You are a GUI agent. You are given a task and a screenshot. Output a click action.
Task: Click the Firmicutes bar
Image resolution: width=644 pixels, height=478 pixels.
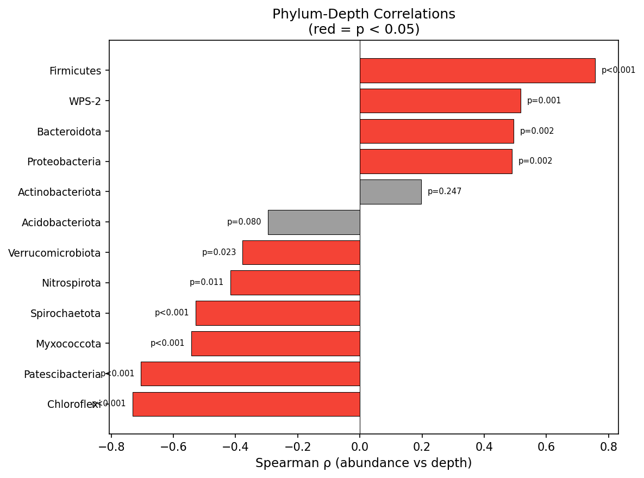click(x=477, y=71)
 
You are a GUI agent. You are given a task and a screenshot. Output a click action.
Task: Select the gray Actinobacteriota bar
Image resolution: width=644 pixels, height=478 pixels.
click(x=390, y=192)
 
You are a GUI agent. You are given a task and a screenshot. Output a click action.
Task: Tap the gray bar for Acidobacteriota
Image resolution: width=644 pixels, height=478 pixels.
click(x=314, y=222)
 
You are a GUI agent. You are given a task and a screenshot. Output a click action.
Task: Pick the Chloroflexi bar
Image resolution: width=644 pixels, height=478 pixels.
click(x=246, y=404)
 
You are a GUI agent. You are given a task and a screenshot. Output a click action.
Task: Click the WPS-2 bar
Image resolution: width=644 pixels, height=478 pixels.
click(x=440, y=101)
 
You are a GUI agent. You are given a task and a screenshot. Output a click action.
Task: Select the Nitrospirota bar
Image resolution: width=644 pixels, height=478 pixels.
click(x=295, y=283)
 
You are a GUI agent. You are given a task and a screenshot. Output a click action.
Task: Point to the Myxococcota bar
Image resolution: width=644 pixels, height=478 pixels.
click(x=276, y=344)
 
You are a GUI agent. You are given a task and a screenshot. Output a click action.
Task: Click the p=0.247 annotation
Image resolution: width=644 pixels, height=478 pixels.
click(x=445, y=192)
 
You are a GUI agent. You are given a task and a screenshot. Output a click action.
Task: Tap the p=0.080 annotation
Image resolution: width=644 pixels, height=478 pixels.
click(x=244, y=222)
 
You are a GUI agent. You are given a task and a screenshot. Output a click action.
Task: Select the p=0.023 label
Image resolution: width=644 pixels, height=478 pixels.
click(x=219, y=253)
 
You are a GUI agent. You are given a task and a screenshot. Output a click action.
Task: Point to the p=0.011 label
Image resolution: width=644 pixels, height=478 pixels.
click(x=207, y=283)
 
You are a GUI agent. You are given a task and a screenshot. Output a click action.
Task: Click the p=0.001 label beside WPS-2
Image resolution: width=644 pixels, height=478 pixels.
click(x=544, y=101)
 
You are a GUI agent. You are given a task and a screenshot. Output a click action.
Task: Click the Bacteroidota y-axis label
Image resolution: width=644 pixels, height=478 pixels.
click(x=69, y=132)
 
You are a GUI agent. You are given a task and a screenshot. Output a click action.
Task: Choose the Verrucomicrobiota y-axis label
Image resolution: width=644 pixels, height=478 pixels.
click(x=54, y=253)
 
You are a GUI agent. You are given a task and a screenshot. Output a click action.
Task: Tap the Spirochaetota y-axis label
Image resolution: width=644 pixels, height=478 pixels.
click(x=66, y=313)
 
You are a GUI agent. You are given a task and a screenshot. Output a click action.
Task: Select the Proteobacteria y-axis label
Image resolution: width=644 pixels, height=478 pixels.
click(x=64, y=162)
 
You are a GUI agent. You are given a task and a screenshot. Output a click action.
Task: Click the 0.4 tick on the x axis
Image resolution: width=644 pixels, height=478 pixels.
click(x=484, y=447)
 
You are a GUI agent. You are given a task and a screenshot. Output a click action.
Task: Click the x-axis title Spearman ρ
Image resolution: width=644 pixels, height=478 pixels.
click(x=363, y=463)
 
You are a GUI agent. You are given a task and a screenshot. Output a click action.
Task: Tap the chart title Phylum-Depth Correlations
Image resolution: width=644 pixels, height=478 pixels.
click(x=364, y=15)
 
